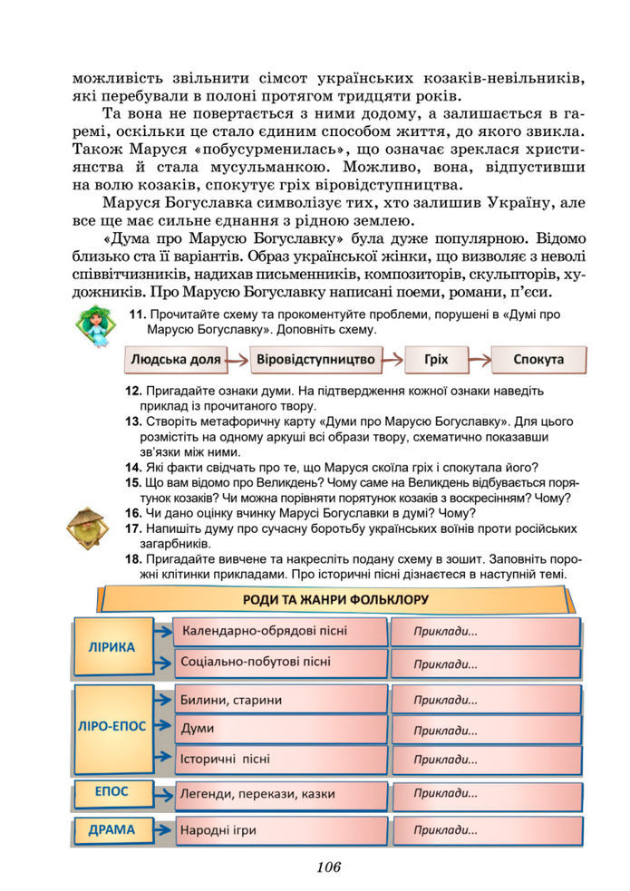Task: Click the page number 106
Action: (328, 867)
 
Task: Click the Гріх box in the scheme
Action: (436, 360)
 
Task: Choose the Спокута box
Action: (538, 360)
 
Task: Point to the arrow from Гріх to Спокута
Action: (478, 360)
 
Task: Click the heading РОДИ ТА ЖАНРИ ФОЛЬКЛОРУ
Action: (335, 599)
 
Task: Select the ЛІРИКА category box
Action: (111, 647)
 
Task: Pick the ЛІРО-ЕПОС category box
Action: (111, 727)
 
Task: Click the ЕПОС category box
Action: (111, 792)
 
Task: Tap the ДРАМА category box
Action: (111, 829)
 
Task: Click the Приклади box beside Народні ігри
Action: (485, 830)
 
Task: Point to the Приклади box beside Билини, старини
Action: (485, 700)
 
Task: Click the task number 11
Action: (138, 315)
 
